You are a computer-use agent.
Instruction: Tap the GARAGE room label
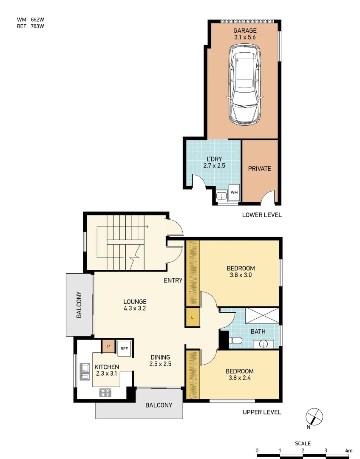pos(245,31)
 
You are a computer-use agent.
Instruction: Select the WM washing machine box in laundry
pos(234,193)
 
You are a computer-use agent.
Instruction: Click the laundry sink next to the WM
pos(221,195)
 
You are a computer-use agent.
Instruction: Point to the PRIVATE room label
pos(259,168)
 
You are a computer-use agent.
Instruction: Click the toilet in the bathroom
pos(235,340)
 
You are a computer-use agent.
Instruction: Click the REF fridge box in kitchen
pos(124,348)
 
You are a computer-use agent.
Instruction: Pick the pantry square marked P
pos(108,346)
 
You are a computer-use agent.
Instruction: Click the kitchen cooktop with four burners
pos(105,392)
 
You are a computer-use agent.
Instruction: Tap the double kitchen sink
pos(85,371)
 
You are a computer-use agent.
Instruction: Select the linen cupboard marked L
pos(192,317)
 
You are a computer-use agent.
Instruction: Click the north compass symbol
pos(314,416)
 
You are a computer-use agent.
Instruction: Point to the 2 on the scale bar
pos(303,450)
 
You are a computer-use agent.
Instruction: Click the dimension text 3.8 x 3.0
pos(241,275)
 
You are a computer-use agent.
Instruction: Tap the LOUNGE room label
pos(135,302)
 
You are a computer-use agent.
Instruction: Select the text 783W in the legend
pos(37,26)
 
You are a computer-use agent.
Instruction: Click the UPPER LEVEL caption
pos(261,412)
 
